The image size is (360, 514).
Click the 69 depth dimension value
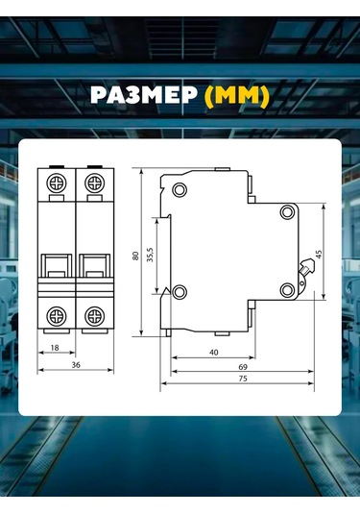tap(242, 366)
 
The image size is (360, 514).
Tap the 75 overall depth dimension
tap(242, 379)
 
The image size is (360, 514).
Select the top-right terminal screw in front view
tap(94, 183)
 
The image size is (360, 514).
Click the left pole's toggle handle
tap(58, 263)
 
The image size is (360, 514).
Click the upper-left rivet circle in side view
tap(179, 187)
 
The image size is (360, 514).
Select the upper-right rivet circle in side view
tap(286, 212)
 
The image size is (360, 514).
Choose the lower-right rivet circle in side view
tap(286, 289)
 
